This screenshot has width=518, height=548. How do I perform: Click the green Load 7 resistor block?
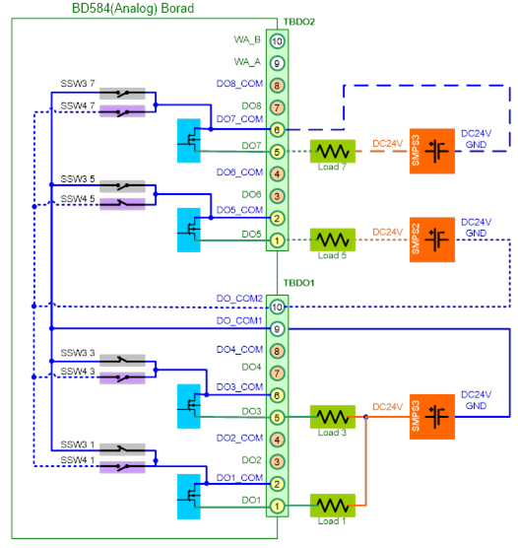coord(333,151)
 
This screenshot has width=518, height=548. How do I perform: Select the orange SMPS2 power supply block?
coord(432,240)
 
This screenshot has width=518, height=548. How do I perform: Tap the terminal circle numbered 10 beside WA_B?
coord(277,41)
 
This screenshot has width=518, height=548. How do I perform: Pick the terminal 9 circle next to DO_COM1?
coord(277,329)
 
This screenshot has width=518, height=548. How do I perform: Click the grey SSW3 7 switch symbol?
coord(122,94)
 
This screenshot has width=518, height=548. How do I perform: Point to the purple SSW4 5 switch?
coord(122,204)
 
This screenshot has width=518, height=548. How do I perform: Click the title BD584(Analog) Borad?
coord(133,8)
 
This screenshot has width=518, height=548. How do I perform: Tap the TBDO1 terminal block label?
coord(298,283)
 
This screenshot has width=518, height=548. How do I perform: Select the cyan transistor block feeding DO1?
coord(189,497)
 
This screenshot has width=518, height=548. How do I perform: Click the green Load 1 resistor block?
coord(333,506)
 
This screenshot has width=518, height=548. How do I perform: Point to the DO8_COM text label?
coord(239,84)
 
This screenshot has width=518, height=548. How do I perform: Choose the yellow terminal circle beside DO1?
coord(277,506)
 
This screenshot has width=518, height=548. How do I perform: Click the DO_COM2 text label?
coord(239,299)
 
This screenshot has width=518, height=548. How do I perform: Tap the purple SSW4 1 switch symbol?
coord(122,467)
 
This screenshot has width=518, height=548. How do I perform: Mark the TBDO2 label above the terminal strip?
coord(299,22)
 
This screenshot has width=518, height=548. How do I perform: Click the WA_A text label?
coord(247,62)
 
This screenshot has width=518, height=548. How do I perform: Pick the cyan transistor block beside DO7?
coord(189,141)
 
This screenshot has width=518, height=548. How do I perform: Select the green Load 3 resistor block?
coord(333,417)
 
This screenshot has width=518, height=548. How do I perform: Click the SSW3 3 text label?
coord(78,353)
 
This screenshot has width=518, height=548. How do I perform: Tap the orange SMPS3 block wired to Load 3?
coord(432,417)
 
